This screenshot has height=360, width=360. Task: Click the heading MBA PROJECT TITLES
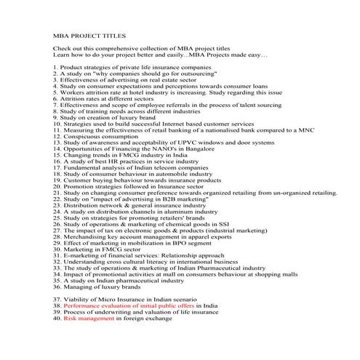(x=90, y=35)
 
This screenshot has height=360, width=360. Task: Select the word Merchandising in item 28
(x=89, y=236)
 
